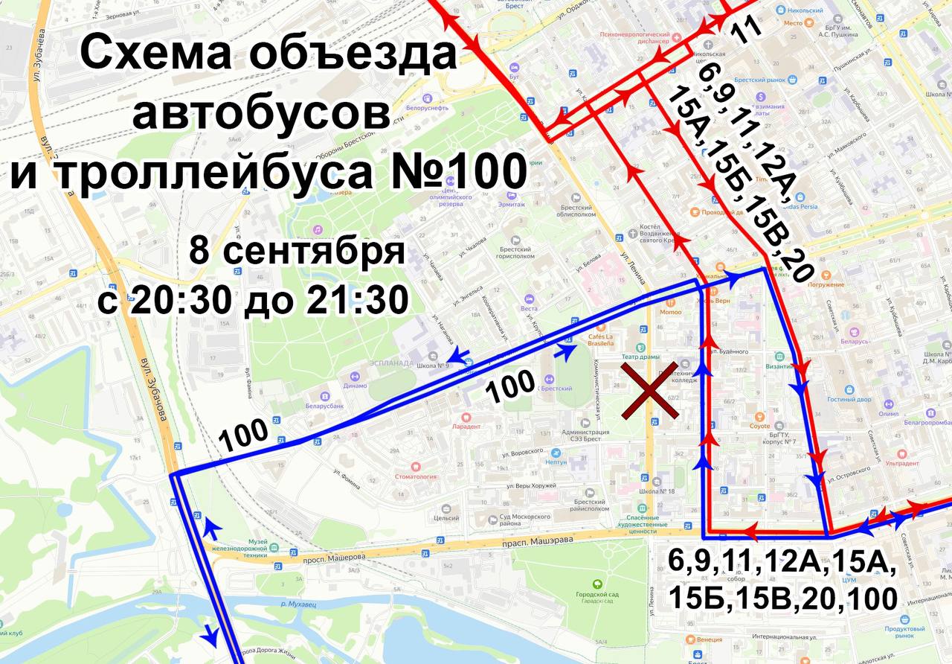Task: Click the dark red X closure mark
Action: coord(649,392)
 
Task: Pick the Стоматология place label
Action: coord(415,476)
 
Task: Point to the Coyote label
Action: coord(760,427)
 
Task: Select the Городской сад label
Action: coord(597,595)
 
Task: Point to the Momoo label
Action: coord(670,312)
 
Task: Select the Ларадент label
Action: coord(466,427)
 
